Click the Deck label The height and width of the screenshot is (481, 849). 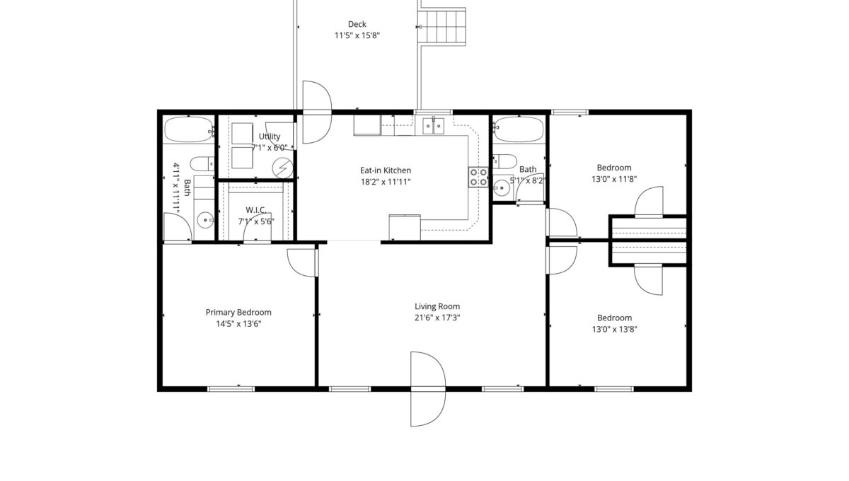click(357, 24)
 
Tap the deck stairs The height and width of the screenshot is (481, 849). click(441, 27)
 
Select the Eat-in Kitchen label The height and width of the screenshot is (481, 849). click(386, 170)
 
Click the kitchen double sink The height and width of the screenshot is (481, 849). click(434, 126)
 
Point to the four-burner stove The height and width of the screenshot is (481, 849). click(478, 177)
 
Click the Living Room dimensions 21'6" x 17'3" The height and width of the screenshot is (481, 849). click(437, 318)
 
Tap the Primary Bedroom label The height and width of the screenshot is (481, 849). click(238, 313)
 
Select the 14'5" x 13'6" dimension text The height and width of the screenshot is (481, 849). click(238, 324)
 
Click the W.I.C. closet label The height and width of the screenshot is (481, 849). click(256, 210)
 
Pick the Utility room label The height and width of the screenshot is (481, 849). click(270, 137)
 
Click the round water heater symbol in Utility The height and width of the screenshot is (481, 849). click(283, 168)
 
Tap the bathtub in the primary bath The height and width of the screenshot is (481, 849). click(189, 129)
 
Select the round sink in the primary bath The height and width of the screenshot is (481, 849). click(205, 220)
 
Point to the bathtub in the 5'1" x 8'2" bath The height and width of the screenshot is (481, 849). click(519, 129)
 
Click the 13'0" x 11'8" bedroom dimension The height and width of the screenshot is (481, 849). click(614, 179)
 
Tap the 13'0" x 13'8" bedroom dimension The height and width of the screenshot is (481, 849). click(614, 329)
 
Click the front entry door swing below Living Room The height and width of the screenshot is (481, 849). click(428, 389)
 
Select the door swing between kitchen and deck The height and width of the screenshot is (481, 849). click(317, 112)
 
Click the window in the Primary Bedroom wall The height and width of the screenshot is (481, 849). click(231, 389)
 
